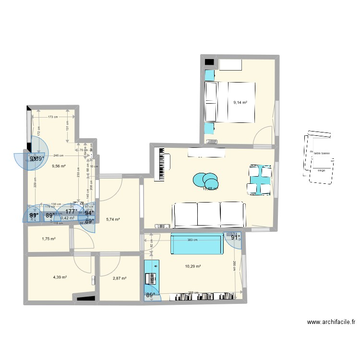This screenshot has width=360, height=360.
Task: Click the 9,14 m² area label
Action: point(240,102)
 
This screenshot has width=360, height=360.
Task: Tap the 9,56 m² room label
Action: point(59,167)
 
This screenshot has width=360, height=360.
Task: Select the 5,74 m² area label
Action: point(112,219)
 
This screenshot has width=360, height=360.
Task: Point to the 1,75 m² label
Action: point(49,239)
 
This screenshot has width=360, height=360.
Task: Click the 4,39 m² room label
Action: point(60,277)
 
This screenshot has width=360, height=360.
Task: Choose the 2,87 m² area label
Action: point(119,278)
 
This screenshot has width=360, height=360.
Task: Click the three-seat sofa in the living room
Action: point(209,214)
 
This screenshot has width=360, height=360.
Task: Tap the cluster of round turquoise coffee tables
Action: point(205,180)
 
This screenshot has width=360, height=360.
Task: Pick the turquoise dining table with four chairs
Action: point(260,180)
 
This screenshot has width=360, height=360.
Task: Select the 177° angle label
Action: point(72,211)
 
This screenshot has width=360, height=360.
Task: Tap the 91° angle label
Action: point(235,237)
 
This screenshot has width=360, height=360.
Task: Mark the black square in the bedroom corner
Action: point(209,61)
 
